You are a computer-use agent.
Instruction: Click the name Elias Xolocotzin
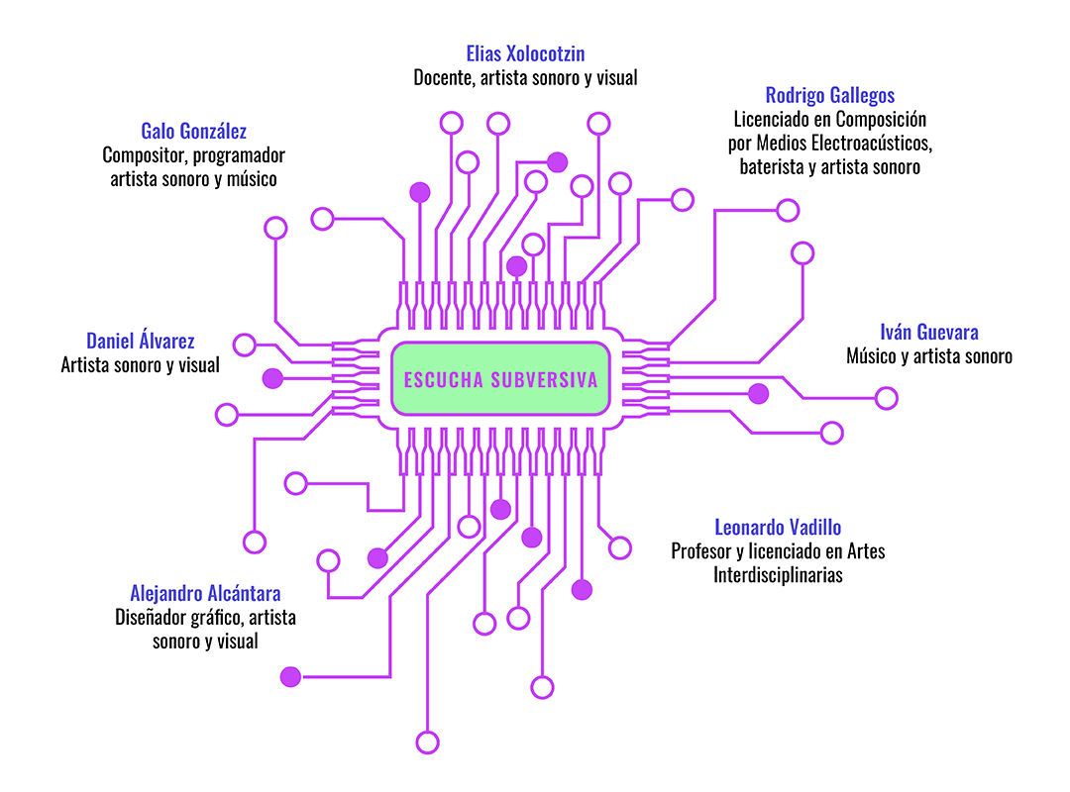[x=525, y=53]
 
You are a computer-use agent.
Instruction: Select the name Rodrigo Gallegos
[x=830, y=95]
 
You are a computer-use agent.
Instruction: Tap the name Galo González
[x=194, y=131]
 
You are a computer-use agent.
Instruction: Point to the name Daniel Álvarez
[x=141, y=341]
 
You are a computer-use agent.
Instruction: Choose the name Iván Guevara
[x=928, y=333]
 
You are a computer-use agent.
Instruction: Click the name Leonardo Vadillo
[x=778, y=528]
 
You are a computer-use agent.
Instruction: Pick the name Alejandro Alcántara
[x=205, y=593]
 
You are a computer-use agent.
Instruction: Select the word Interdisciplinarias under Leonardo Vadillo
[x=778, y=575]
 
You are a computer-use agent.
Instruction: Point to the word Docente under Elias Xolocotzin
[x=444, y=78]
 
